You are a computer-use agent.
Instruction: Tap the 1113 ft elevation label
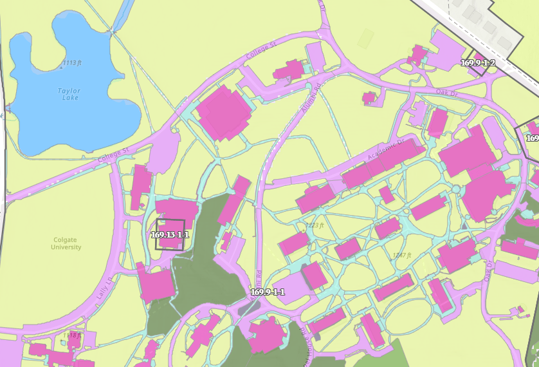tap(71, 63)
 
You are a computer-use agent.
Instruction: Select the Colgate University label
tap(66, 243)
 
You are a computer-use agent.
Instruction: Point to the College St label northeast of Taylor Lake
tap(260, 53)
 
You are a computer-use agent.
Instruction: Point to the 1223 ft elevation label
tap(315, 225)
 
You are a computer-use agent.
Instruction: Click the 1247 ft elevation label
tap(401, 255)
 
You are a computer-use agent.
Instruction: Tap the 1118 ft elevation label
tap(72, 335)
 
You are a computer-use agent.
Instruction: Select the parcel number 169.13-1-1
tap(170, 235)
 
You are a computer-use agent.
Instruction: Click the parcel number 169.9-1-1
tap(268, 292)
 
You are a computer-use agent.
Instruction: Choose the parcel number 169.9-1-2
tap(478, 63)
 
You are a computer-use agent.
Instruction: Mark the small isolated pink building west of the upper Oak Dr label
tap(369, 98)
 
